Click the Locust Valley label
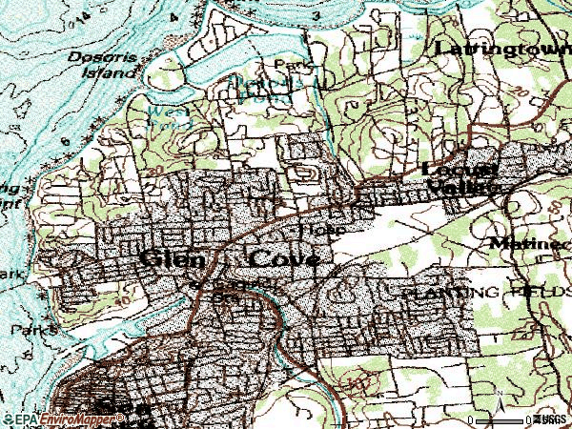click(461, 178)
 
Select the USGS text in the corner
click(550, 419)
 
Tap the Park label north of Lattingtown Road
click(286, 65)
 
